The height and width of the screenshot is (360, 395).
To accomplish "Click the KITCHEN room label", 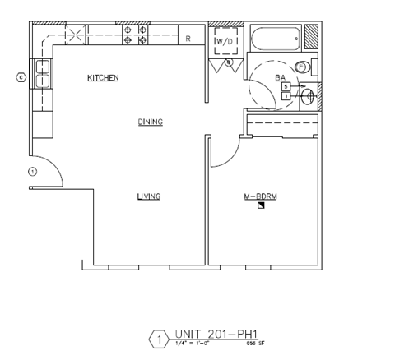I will pos(104,78).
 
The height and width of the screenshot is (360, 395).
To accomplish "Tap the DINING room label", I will pos(150,122).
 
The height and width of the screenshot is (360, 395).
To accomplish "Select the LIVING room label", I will pos(148,196).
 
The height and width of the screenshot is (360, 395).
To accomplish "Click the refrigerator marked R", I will pos(188,38).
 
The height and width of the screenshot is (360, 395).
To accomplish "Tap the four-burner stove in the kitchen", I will pos(136,35).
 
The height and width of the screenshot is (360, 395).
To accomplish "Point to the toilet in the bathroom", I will pos(301,68).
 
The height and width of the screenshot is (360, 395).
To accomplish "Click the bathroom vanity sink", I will pos(308,96).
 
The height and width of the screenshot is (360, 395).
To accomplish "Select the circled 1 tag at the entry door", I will pos(32,171).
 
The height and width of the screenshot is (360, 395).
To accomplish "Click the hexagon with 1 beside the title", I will pos(156,339).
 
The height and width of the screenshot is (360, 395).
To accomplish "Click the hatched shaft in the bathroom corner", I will pos(312,36).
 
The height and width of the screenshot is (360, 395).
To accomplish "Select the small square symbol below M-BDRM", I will pos(261,206).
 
